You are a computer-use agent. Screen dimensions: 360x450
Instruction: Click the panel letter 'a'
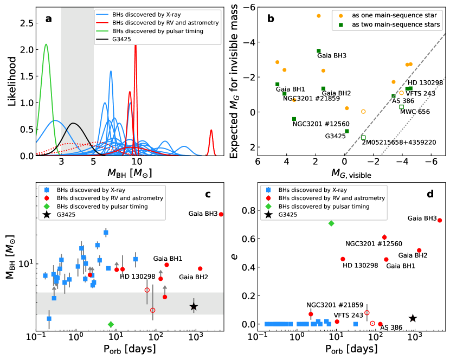pos(49,19)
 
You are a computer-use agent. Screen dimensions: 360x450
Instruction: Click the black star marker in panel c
pos(194,306)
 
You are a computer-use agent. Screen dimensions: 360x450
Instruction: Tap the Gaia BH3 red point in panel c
pos(221,215)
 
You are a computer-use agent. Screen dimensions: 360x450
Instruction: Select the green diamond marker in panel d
pos(331,223)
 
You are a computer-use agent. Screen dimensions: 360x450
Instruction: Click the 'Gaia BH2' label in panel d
pos(414,255)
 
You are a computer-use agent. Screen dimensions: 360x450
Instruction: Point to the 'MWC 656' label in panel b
pos(415,112)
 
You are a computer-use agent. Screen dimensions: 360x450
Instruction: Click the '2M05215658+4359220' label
pos(398,142)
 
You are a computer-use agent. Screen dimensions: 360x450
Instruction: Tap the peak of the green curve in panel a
pos(46,44)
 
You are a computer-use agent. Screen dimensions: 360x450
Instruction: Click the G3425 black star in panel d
pos(413,319)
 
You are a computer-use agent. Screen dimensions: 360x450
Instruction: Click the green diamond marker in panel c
pos(111,324)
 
